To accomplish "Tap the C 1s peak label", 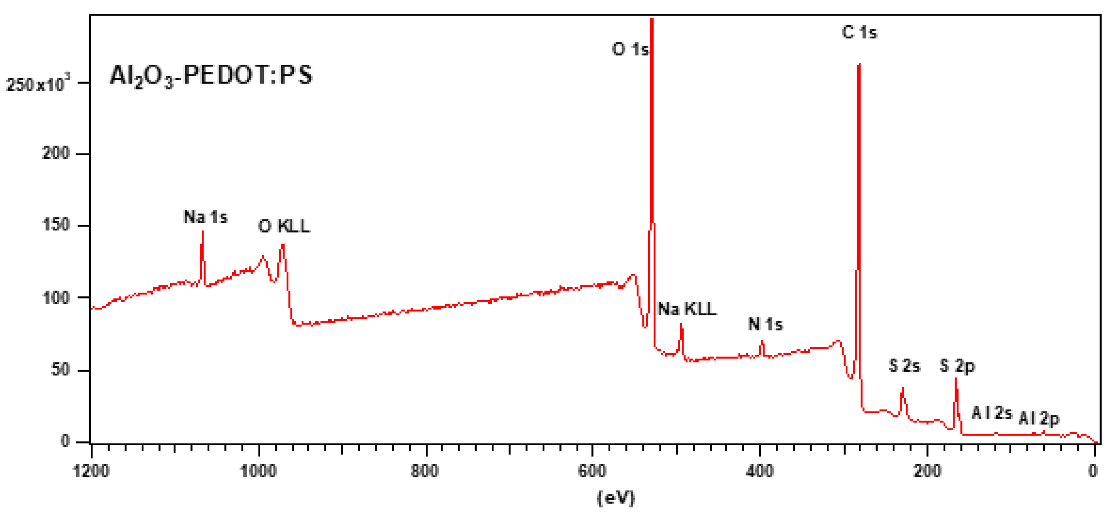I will tap(859, 33).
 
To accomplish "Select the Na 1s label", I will tap(205, 217).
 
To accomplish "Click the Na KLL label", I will tap(687, 309).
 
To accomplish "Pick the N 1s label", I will tap(765, 324).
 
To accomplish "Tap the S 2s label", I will tap(905, 366).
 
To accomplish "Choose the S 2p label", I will tap(957, 366).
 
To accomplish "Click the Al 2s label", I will tap(992, 413).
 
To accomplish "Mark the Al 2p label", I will tap(1039, 418).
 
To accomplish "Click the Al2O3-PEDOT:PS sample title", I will tap(211, 76).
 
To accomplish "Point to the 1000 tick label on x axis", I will tap(259, 470).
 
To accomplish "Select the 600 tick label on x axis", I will tap(592, 470).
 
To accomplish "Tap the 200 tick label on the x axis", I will tap(927, 470).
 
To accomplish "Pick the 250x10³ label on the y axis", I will tap(37, 84).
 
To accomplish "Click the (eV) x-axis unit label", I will tap(616, 498).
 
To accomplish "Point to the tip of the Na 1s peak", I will tap(203, 232).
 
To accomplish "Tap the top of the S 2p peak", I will tap(955, 379).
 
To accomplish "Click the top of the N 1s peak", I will tap(762, 341).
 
